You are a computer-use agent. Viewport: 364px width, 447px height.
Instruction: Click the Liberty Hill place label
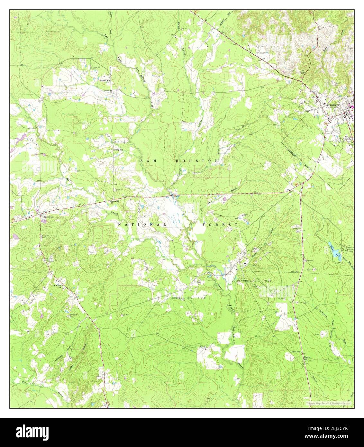point(308,358)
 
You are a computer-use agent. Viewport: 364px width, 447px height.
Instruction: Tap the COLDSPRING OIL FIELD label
point(251,281)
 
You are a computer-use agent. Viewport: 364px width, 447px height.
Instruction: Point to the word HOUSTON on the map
point(192,160)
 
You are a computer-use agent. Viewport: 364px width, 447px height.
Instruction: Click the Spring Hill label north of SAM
point(118,150)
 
